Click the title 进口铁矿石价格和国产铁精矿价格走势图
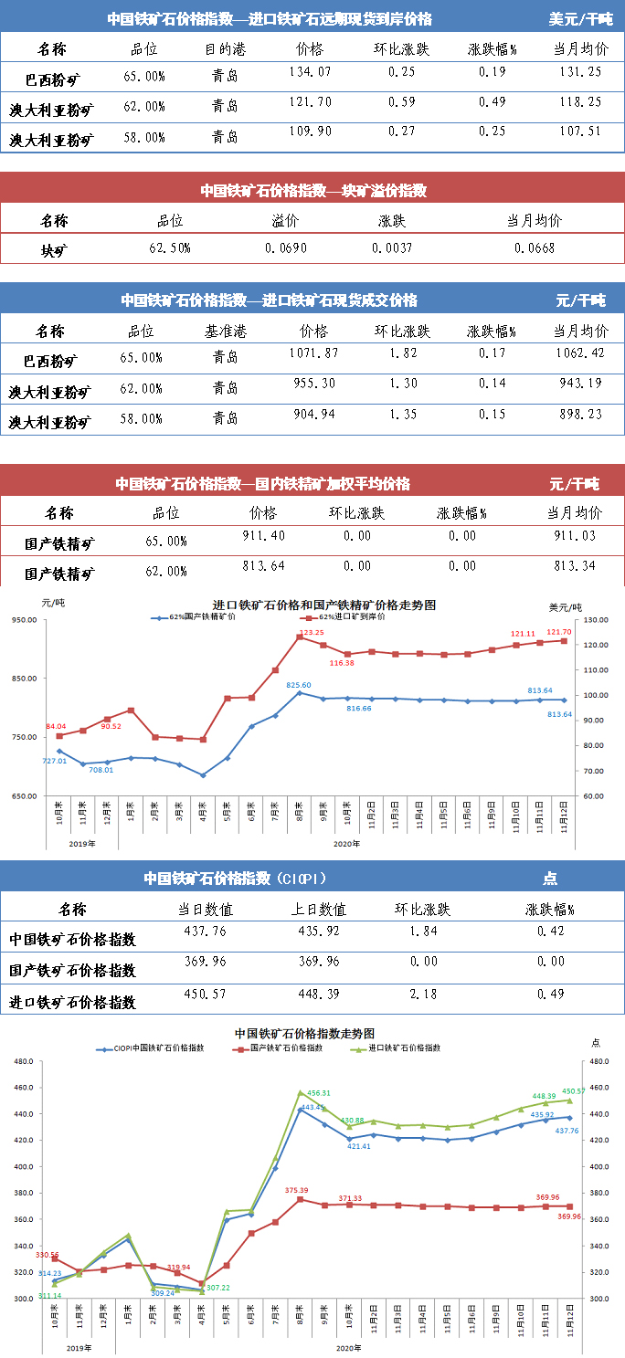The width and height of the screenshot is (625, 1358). pos(323,605)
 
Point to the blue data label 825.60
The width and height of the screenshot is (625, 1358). pos(299,685)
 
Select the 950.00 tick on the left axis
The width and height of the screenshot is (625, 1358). pos(26,620)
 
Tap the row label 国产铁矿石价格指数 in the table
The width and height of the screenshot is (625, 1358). pos(72,970)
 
